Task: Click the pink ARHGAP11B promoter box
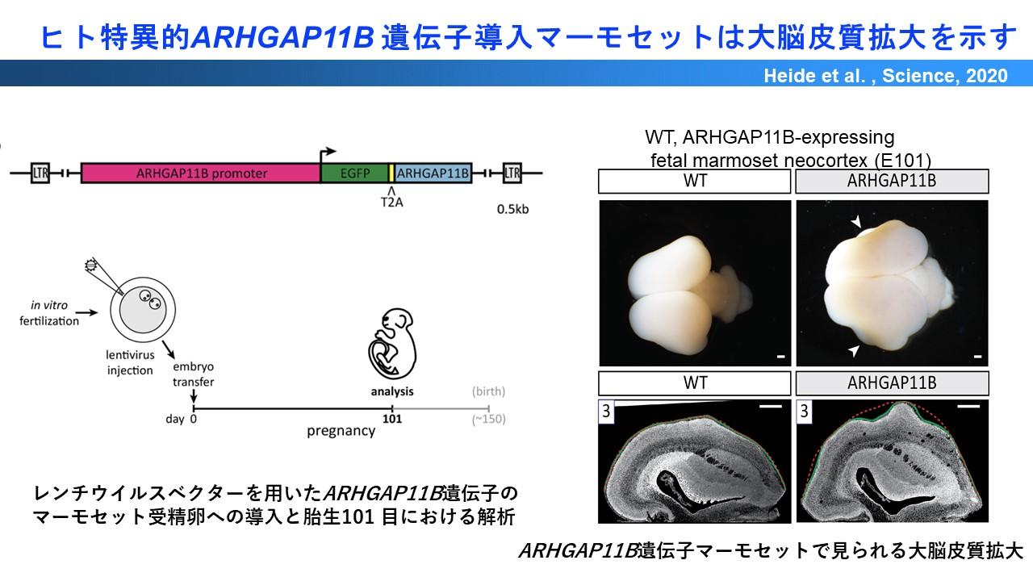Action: [201, 173]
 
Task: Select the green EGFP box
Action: [354, 173]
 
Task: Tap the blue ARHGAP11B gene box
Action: [433, 173]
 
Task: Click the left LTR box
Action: [40, 173]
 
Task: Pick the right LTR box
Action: [512, 173]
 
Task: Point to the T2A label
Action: [392, 203]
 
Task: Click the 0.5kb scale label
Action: [512, 209]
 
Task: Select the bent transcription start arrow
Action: [327, 155]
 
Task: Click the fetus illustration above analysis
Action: [392, 344]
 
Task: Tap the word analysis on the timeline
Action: [392, 391]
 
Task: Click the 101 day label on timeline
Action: [392, 419]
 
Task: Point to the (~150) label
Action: [488, 419]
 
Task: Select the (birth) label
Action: [488, 391]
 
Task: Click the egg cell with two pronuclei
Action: [143, 310]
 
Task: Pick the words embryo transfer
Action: [193, 374]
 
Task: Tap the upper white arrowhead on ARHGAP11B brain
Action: [856, 222]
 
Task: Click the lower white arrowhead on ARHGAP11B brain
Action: [854, 350]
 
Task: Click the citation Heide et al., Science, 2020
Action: [885, 76]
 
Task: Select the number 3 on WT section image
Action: [606, 411]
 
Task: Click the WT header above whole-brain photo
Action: [695, 181]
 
